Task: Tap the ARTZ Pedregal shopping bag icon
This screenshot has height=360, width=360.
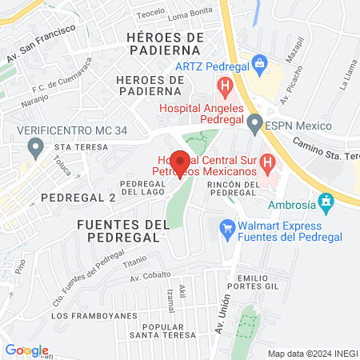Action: click(x=258, y=62)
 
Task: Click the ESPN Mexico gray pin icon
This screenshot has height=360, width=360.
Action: click(x=255, y=123)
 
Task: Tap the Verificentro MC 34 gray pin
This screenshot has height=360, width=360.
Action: click(x=35, y=147)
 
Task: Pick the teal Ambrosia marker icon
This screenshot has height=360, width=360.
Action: click(x=325, y=201)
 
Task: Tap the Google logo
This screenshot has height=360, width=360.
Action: click(x=26, y=350)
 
